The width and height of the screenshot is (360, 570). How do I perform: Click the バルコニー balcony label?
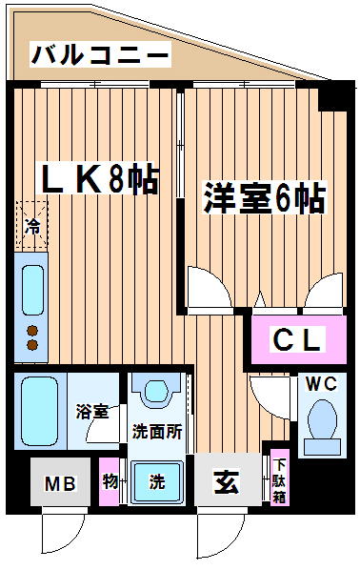(x=100, y=55)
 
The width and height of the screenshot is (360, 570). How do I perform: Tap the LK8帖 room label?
(x=100, y=179)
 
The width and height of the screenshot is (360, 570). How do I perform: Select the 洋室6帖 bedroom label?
(x=264, y=198)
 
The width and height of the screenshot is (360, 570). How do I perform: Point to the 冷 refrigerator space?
(x=32, y=226)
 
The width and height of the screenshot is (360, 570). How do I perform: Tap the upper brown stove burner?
(x=32, y=331)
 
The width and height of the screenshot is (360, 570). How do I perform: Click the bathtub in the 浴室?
(x=39, y=411)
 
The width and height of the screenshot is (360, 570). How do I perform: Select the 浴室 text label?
(x=92, y=411)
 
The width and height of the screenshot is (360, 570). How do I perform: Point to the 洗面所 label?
(x=156, y=432)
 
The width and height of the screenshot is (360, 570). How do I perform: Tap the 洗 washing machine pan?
(x=157, y=481)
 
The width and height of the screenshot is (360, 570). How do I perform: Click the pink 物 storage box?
(x=110, y=481)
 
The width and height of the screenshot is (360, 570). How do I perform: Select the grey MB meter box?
(x=60, y=482)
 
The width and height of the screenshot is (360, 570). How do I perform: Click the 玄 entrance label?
(x=227, y=482)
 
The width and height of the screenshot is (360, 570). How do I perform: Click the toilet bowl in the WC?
(x=322, y=419)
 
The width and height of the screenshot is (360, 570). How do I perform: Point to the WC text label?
(x=321, y=384)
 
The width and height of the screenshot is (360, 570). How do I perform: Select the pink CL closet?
(x=299, y=339)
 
